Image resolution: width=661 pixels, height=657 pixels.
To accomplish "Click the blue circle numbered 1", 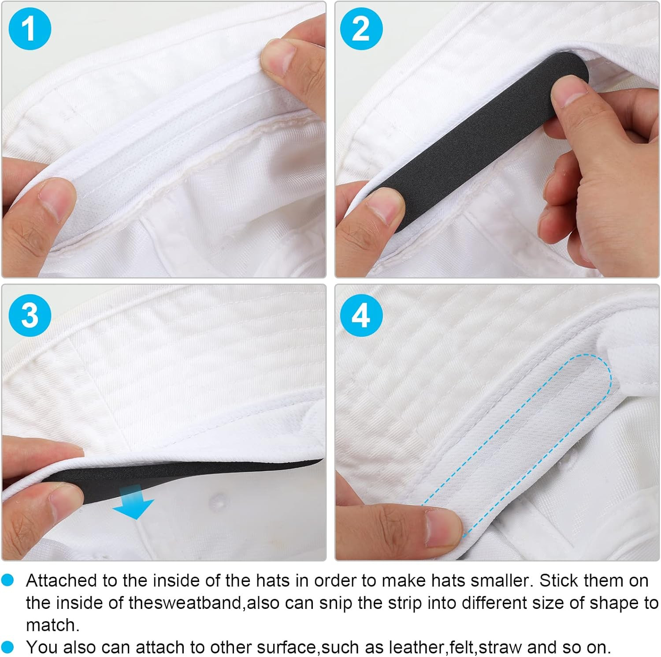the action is tap(30, 28).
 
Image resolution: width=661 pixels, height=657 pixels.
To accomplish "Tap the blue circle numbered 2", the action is tap(361, 28).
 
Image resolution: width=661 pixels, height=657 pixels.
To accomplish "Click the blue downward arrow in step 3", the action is tap(134, 502).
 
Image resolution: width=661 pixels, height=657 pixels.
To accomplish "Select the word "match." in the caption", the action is tap(52, 625).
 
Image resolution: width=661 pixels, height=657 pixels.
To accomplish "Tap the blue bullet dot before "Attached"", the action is tap(7, 580).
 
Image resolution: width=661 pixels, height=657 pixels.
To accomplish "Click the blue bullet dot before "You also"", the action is tap(7, 647).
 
